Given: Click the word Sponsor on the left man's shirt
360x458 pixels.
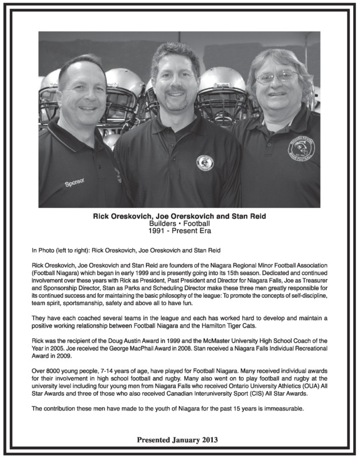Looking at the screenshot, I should point(74,184).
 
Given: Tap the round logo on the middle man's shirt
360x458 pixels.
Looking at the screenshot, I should point(204,163).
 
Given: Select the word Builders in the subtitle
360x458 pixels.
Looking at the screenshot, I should point(150,224).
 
